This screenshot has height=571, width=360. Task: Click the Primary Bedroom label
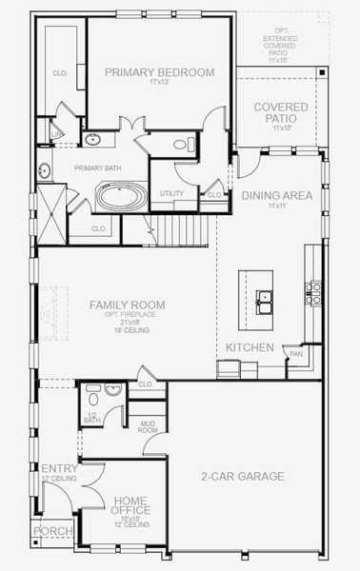pos(159,72)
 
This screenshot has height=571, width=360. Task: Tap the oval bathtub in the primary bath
pos(122,199)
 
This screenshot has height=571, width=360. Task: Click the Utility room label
pos(171,193)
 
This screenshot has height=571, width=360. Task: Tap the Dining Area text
pos(277,195)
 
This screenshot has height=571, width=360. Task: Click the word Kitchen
pos(250,347)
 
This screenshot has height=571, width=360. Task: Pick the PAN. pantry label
pos(297,354)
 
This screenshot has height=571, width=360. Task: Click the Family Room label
pos(128,305)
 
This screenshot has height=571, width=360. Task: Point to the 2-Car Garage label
pos(242,476)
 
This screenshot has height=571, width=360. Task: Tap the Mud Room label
pos(148,427)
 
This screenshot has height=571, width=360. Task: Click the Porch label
pos(50,531)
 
